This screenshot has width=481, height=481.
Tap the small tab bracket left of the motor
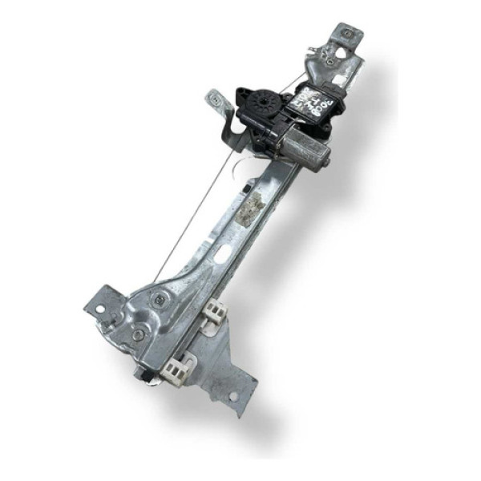(214, 100)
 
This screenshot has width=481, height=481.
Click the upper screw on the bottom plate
(159, 299)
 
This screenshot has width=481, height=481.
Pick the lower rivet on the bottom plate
(138, 333)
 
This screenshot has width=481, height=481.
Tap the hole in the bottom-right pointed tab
(233, 395)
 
